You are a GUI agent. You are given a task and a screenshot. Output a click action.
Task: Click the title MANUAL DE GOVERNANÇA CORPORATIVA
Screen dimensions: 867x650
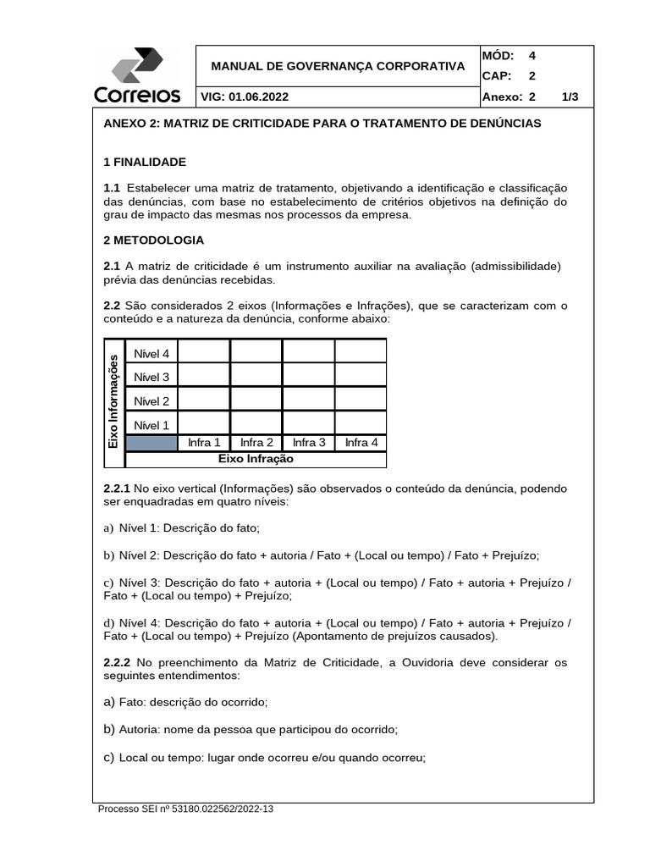point(337,65)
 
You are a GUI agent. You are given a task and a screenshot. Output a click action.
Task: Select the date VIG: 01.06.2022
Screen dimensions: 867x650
point(245,97)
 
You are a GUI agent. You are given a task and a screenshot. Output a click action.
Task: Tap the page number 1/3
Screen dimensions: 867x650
point(570,97)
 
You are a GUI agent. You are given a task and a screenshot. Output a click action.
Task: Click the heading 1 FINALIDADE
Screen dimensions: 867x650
point(145,162)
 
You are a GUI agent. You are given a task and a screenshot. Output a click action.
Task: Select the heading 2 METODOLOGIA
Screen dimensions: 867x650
point(153,240)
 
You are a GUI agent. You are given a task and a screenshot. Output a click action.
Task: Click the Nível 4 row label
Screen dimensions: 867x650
point(151,353)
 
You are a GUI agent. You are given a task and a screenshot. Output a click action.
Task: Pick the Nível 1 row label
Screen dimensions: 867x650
point(151,425)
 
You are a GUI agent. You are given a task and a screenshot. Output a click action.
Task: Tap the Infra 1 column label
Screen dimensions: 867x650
point(204,443)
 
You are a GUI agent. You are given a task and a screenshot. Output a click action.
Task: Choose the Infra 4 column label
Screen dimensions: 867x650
point(361,443)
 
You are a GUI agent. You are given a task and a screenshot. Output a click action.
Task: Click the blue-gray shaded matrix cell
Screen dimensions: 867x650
point(151,443)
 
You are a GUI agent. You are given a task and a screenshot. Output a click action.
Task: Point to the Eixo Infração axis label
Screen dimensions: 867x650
point(256,459)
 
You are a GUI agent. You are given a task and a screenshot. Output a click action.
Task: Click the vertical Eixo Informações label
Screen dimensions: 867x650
point(113,402)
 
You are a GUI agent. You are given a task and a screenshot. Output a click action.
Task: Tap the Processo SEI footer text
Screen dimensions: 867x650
point(186,809)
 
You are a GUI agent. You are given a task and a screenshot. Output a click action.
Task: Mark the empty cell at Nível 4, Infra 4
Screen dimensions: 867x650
point(361,351)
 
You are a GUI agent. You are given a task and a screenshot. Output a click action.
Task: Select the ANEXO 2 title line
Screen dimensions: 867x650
point(322,124)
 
